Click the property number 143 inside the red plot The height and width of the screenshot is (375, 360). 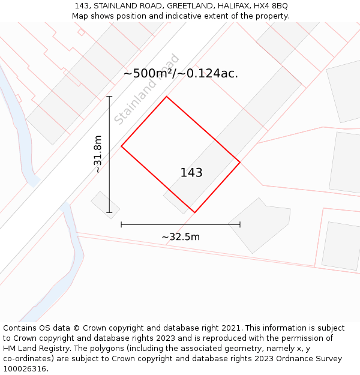coord(191,173)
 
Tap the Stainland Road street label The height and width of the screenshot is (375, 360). coord(147,89)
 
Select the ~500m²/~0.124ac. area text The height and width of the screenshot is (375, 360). coord(181,74)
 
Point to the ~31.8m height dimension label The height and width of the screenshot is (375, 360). coord(98,154)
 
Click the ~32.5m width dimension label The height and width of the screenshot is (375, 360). coord(181,237)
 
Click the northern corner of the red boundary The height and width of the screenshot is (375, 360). coord(166,97)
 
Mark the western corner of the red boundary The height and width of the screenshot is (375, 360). coord(122,146)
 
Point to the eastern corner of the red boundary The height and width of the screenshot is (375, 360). coord(240,162)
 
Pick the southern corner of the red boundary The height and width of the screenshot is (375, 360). coord(194,212)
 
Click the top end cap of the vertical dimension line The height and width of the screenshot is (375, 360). coord(109,96)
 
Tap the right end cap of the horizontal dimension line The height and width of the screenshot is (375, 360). coord(240,224)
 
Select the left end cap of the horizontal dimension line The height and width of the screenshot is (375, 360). coord(121,224)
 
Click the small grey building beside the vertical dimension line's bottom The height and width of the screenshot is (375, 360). coord(105,205)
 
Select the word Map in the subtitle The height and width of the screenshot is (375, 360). coord(80,16)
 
